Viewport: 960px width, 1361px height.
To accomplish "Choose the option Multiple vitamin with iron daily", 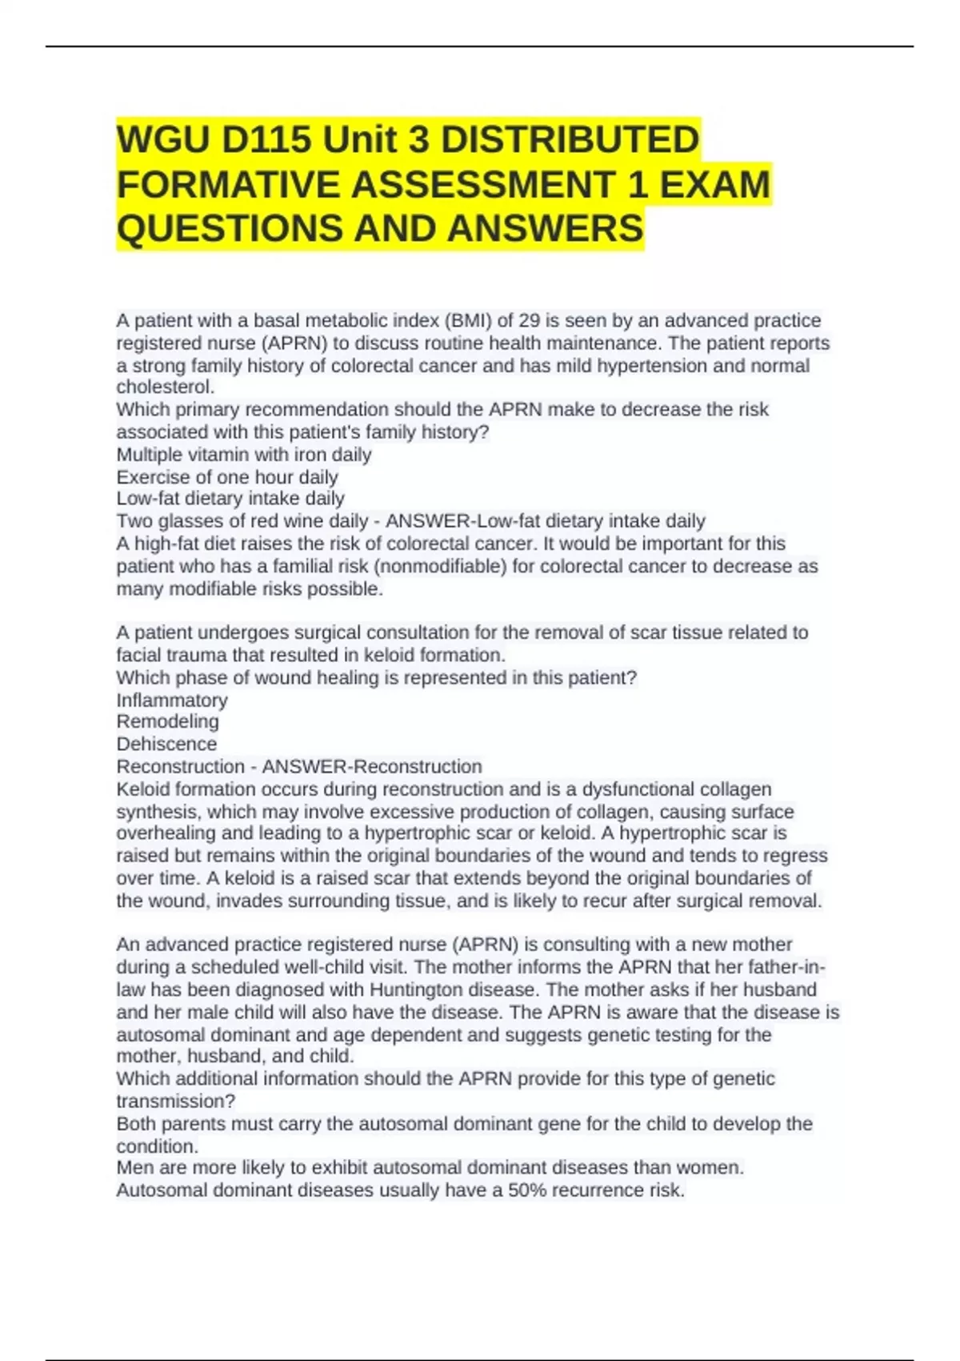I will [x=244, y=455].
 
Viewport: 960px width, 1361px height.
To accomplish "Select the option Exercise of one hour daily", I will [x=227, y=477].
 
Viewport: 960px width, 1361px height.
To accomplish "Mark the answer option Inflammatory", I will [x=172, y=700].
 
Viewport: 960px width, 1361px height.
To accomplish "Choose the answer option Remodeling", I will [x=167, y=721].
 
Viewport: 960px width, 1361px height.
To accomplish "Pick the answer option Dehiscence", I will [x=166, y=744].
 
